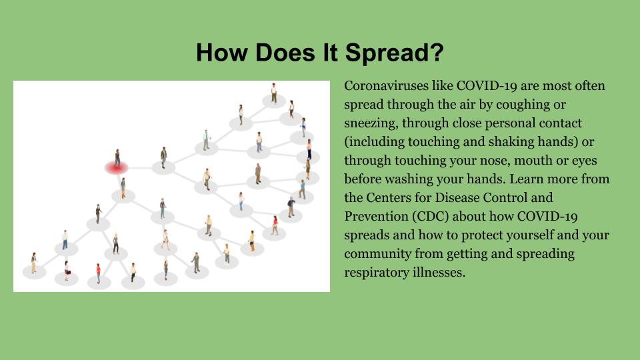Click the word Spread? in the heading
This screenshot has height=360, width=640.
(394, 53)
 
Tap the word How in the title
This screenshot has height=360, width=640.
(221, 53)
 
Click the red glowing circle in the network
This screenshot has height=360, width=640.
(117, 167)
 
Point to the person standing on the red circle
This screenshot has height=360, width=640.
(117, 158)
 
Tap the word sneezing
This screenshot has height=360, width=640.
(371, 123)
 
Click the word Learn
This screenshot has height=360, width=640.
(527, 179)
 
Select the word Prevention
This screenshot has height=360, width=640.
(376, 216)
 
